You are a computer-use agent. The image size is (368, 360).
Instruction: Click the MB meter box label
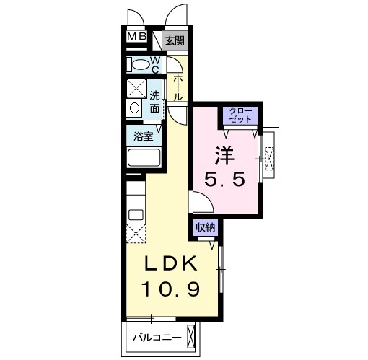point(137,38)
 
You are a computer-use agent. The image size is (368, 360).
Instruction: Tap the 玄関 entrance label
point(174,40)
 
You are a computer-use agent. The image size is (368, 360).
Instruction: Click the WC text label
point(157,64)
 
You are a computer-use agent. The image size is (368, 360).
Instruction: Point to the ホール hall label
point(178,87)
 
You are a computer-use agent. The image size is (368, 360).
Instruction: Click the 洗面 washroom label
point(155,102)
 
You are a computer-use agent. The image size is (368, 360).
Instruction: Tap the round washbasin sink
point(134,108)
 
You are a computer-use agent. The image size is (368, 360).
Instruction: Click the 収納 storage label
point(206,227)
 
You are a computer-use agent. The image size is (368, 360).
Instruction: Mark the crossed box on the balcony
point(190,336)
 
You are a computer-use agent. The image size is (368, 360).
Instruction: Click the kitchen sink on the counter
point(135,214)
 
